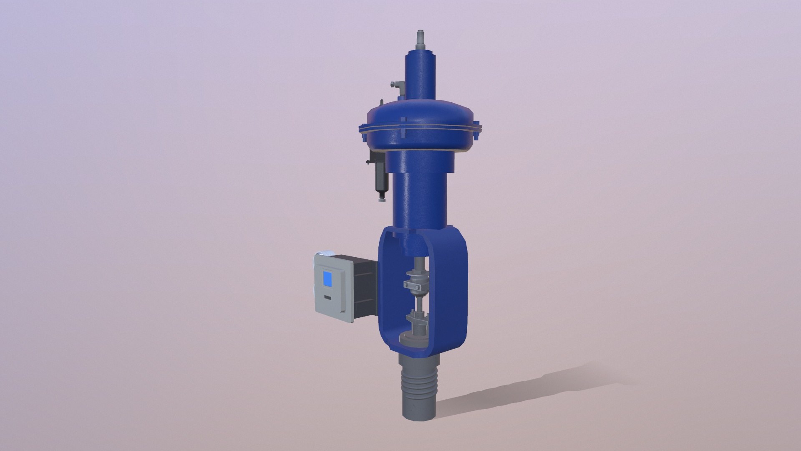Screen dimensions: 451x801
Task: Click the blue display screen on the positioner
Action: tap(328, 279)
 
